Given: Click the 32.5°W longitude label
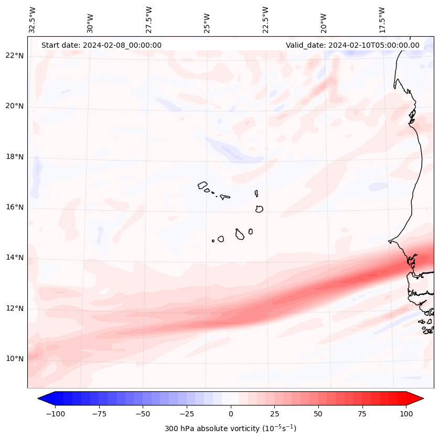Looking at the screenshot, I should pos(33,19).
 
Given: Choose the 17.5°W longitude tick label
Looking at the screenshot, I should pos(382,19).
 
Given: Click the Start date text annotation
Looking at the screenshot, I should pos(101,45).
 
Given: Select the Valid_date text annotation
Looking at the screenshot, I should pos(352,45).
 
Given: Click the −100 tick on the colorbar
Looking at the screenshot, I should pos(55,414).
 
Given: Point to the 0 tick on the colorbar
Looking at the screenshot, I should pos(230,414).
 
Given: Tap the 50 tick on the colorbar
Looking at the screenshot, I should pos(318,414).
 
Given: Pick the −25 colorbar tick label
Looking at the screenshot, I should pos(187,414).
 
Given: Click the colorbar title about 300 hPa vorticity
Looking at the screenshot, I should pos(230,428).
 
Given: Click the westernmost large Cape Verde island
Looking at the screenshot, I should pos(202,185).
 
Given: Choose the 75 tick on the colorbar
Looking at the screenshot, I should pos(362,414).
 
